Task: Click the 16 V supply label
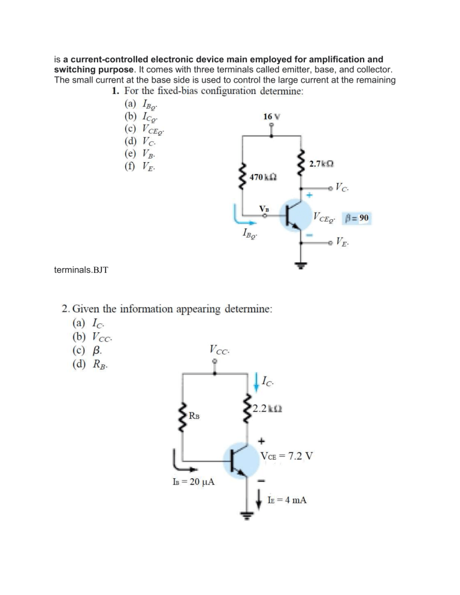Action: tap(271, 117)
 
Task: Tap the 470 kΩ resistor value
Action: tap(263, 177)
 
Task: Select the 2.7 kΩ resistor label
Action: tap(322, 164)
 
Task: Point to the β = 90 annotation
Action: tap(357, 218)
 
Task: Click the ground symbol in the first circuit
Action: tap(301, 265)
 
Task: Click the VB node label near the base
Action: tap(264, 208)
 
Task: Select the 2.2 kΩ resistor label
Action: tap(267, 409)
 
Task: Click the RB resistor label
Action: tap(194, 415)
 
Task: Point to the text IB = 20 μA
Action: tap(193, 481)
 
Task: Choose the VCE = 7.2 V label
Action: tap(287, 456)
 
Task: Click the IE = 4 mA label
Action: tap(287, 500)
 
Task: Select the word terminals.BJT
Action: tap(81, 270)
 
